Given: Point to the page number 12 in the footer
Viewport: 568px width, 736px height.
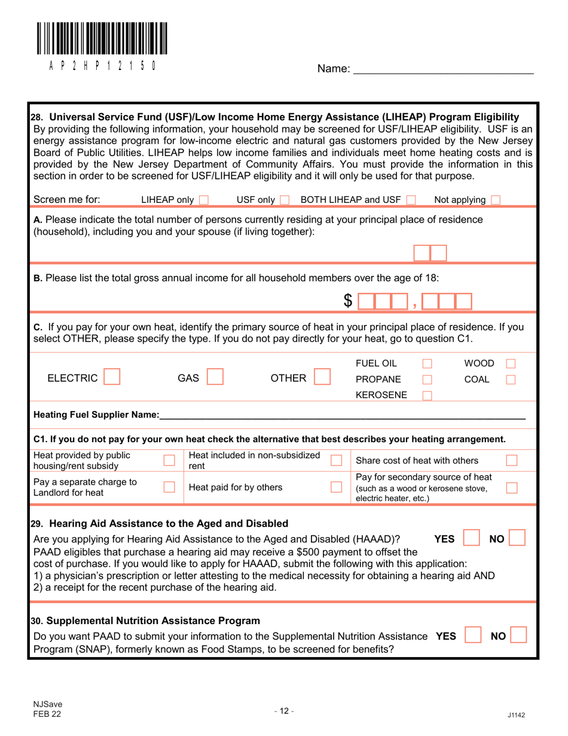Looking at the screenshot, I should click(283, 711).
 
